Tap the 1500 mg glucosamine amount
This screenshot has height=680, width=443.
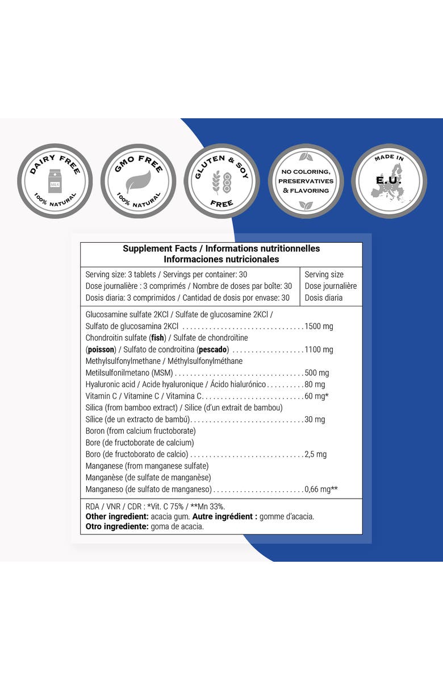click(319, 326)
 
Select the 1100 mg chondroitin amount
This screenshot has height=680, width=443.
click(319, 350)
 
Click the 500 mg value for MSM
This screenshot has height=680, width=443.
click(317, 373)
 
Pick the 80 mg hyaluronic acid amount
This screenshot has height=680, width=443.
click(315, 384)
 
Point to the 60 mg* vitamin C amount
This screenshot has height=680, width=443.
click(317, 396)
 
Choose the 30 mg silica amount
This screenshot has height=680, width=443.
click(315, 420)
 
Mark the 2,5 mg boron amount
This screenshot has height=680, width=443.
click(316, 454)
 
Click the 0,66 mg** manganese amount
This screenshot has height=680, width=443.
click(321, 489)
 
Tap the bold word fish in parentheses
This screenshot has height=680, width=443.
click(157, 338)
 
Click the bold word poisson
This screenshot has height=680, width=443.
click(101, 350)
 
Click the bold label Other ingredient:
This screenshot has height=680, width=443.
click(117, 516)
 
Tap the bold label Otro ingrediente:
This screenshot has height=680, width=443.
click(117, 526)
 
